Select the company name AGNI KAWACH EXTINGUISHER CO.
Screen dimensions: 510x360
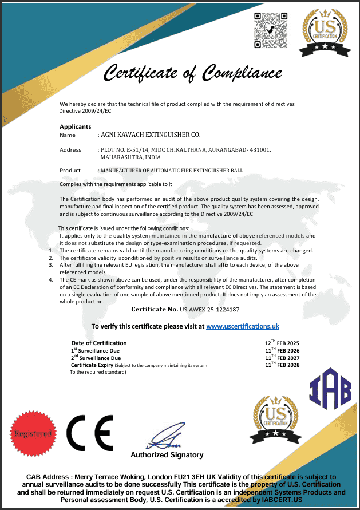[x=151, y=135]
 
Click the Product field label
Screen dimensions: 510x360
[x=70, y=171]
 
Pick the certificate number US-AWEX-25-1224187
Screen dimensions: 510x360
[x=209, y=309]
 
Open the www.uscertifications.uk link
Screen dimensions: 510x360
[x=243, y=326]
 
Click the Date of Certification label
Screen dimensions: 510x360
[x=98, y=343]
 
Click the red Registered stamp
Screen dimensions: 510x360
[x=34, y=433]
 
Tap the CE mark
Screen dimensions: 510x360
[x=89, y=433]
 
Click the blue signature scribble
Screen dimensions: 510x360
[x=163, y=439]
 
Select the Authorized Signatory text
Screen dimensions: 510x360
[x=167, y=455]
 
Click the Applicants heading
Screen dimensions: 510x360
[x=75, y=126]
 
